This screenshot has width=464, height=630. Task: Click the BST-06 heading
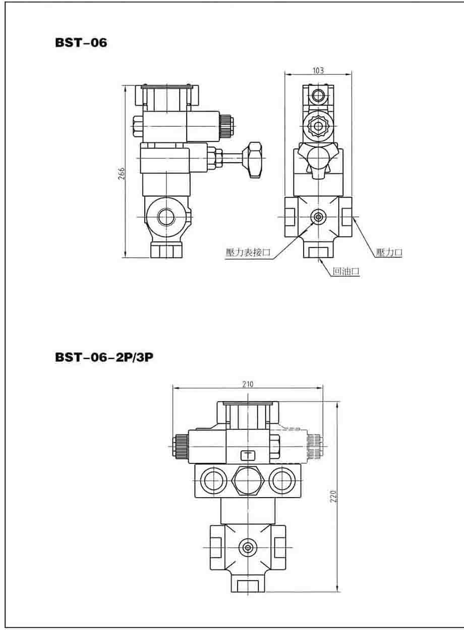pyautogui.click(x=81, y=42)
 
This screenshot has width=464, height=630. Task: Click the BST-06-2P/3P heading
pyautogui.click(x=104, y=357)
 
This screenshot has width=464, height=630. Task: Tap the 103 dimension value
pyautogui.click(x=318, y=70)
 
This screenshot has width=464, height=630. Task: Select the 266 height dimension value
pyautogui.click(x=121, y=174)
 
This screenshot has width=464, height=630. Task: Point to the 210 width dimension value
pyautogui.click(x=248, y=384)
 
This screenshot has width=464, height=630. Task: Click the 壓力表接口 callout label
pyautogui.click(x=248, y=252)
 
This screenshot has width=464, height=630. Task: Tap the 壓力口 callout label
pyautogui.click(x=389, y=252)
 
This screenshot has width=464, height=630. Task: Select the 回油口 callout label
pyautogui.click(x=346, y=271)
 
